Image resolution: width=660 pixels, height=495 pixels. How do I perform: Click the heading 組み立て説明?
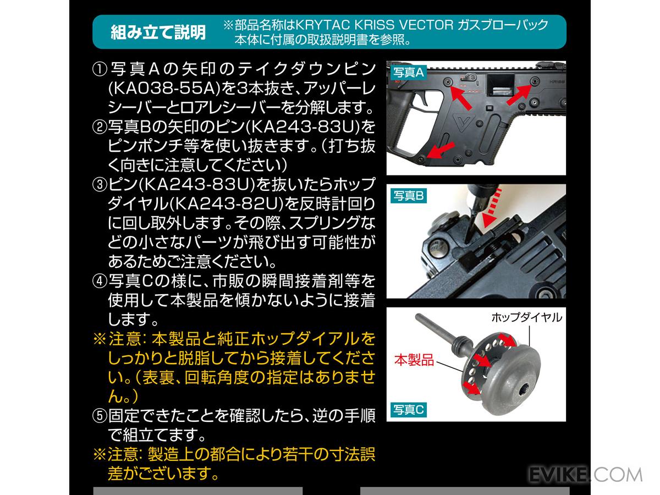click(x=158, y=32)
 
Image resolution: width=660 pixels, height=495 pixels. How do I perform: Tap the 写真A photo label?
click(x=408, y=71)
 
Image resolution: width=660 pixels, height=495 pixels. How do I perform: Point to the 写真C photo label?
click(x=408, y=409)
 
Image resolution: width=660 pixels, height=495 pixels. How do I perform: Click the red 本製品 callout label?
click(x=414, y=361)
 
